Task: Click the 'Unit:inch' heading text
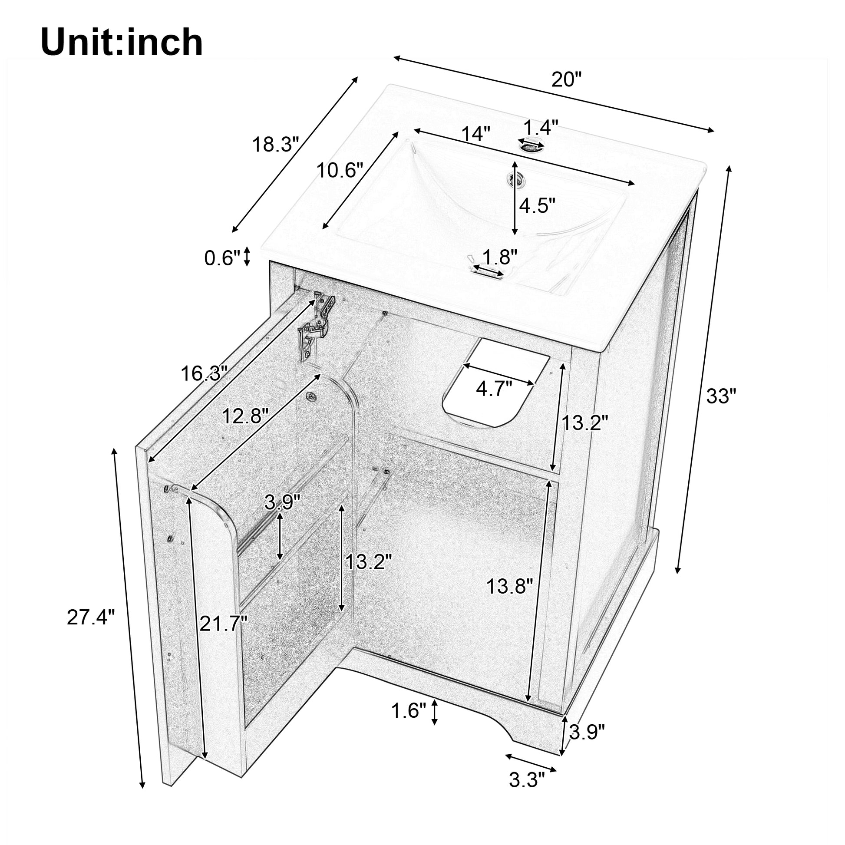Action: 122,43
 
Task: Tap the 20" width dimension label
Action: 566,80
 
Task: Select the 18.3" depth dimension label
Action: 276,143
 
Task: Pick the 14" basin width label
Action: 476,134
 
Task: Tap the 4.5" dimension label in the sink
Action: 537,205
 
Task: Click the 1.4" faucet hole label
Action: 541,127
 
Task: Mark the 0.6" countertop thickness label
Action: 223,258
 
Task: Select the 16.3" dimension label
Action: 204,373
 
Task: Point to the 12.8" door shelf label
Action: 244,416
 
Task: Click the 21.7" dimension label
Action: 224,623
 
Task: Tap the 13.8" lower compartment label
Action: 510,586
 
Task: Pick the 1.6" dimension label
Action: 408,723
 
